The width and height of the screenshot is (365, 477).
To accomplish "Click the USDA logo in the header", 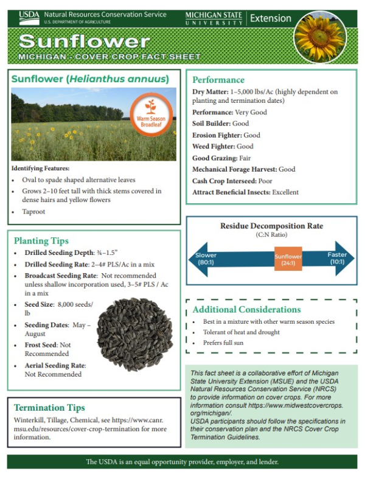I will [28, 18].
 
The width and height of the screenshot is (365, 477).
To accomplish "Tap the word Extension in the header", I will [271, 18].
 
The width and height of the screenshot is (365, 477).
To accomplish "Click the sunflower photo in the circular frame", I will [319, 36].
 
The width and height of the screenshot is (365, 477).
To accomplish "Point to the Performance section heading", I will [218, 80].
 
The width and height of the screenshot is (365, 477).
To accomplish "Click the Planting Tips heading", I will [41, 240].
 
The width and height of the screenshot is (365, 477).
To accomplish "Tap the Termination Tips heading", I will [49, 407].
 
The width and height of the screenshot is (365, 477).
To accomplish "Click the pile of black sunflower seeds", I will [134, 334].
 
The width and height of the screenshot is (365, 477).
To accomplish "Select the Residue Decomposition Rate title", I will [271, 226].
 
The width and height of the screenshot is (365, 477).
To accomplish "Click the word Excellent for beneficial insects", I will [285, 192].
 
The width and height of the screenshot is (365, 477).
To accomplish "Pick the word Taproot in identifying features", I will [33, 212].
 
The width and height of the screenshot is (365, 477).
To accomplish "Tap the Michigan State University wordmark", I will [214, 18].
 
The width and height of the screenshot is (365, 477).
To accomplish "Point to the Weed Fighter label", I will [213, 146].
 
